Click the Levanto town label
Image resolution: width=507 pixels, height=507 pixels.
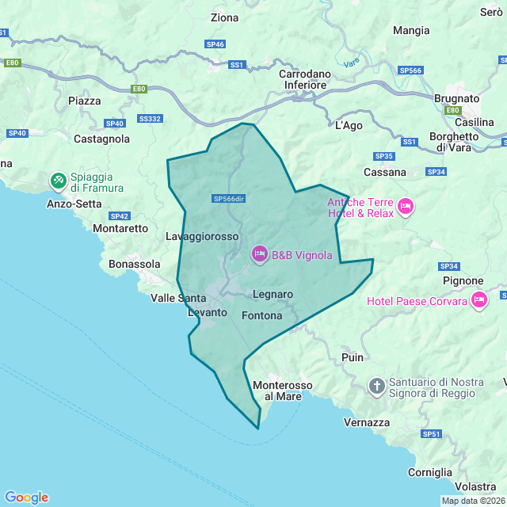click(207, 313)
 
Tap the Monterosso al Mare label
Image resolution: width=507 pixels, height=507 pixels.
click(277, 391)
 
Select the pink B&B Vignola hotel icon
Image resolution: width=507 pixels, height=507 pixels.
click(259, 254)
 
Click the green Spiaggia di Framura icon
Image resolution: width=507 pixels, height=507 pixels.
click(58, 181)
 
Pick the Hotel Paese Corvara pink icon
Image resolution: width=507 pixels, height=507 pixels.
click(478, 300)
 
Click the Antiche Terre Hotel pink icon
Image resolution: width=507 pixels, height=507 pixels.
click(405, 208)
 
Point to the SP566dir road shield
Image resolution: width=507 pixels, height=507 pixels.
click(229, 198)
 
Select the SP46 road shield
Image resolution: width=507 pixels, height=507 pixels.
click(215, 44)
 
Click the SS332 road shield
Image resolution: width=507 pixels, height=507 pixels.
click(149, 119)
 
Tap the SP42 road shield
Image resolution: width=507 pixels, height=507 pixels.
click(120, 215)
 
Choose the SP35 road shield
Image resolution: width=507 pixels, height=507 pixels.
click(384, 156)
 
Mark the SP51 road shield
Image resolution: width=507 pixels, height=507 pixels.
click(431, 434)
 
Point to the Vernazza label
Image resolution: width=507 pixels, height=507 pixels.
click(367, 423)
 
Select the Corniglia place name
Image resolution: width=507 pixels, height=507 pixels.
click(429, 472)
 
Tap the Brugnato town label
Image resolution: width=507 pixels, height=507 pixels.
click(457, 98)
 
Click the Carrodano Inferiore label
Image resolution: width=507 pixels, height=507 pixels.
click(305, 79)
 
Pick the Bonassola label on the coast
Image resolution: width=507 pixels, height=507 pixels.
click(134, 264)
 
